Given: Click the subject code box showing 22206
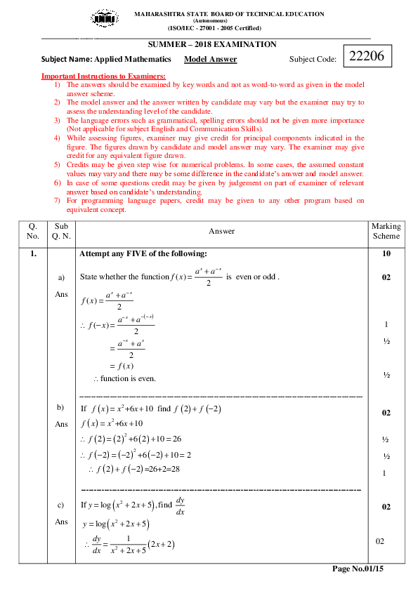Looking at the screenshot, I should click(x=367, y=57).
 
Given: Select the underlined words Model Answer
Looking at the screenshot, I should click(x=210, y=60).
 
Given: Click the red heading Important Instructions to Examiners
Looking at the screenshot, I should click(x=103, y=76).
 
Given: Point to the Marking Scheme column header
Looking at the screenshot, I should click(x=386, y=231).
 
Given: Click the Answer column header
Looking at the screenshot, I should click(x=222, y=231).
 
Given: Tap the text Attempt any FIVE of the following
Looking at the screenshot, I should click(x=143, y=253).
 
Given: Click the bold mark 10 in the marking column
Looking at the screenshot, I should click(x=386, y=253).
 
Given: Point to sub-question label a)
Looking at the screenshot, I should click(x=61, y=278).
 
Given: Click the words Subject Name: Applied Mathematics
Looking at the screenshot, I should click(x=106, y=60).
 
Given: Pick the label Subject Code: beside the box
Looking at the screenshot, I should click(x=313, y=60).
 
